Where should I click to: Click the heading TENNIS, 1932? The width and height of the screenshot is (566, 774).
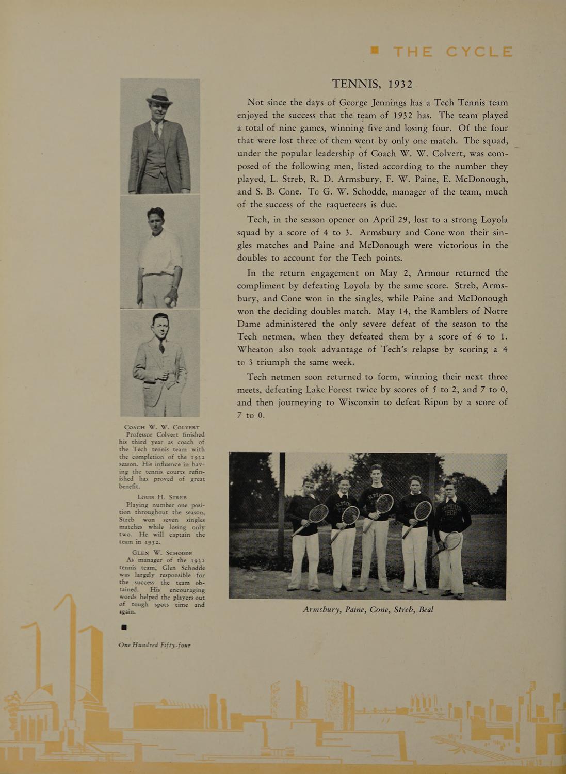coord(372,84)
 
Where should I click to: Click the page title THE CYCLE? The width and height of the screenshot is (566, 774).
coord(453,52)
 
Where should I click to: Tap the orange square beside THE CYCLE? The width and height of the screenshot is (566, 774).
coord(375,51)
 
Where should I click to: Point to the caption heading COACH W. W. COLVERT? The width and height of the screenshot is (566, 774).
coord(161,427)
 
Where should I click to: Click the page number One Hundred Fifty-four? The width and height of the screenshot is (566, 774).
coord(154,645)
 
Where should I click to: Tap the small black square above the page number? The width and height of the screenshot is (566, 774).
coord(123,627)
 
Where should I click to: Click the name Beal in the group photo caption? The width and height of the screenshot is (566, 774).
coord(426,610)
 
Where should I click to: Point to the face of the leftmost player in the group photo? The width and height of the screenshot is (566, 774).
coord(308,487)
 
